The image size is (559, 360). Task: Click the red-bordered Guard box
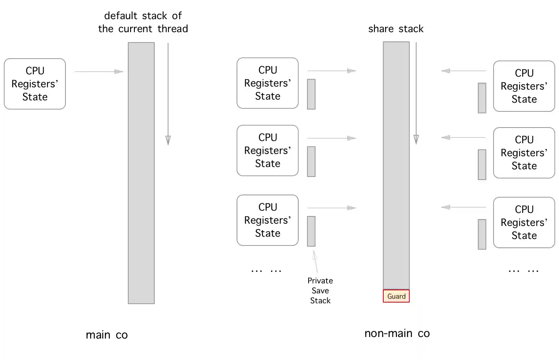point(396,296)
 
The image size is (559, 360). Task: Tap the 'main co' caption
point(106,335)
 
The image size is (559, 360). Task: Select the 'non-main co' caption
point(397,334)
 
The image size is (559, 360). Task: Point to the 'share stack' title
point(396,29)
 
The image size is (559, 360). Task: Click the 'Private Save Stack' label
point(320,291)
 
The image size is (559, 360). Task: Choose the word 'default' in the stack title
point(120,16)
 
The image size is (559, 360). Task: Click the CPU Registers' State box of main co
point(35,84)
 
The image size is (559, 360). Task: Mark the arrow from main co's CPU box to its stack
point(98,72)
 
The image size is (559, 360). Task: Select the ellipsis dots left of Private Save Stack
point(266,271)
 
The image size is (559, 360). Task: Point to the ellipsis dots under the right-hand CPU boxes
point(523,271)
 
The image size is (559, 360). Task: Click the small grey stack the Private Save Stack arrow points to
point(311,231)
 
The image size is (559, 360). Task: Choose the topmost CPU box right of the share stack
point(524,86)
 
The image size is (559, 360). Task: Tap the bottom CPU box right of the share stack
point(524,223)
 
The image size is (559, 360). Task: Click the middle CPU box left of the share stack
point(267,151)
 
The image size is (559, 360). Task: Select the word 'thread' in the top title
point(173,29)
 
